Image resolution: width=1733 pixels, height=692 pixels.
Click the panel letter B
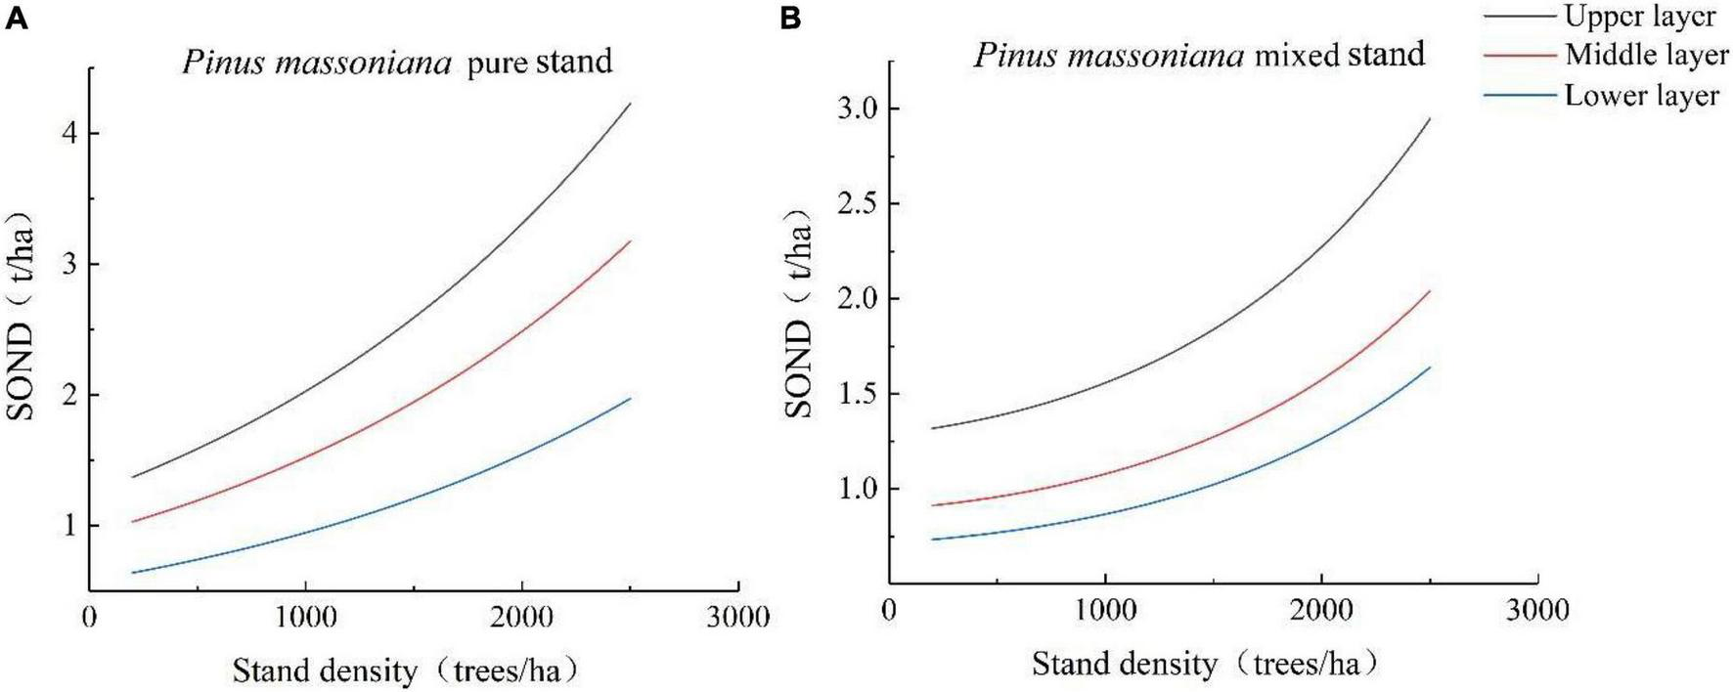tap(791, 19)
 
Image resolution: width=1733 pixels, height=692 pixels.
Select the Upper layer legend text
tap(1639, 17)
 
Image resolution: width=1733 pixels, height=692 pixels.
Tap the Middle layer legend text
tap(1646, 55)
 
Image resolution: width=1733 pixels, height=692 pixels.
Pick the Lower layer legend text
tap(1641, 96)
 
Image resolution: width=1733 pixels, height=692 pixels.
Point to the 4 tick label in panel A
tap(69, 133)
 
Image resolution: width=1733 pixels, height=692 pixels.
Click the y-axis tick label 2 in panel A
tap(69, 395)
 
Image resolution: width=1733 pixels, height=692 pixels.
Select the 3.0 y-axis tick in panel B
tap(858, 108)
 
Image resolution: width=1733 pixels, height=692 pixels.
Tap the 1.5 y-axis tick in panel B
tap(858, 395)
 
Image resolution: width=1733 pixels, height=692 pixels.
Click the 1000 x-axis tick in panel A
tap(306, 618)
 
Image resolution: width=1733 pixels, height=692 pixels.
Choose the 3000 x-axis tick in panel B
tap(1536, 611)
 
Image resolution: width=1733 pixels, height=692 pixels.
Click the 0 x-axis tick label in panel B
tap(889, 611)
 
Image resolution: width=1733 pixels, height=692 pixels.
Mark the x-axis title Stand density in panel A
tap(324, 671)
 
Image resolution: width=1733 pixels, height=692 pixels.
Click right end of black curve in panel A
tap(630, 103)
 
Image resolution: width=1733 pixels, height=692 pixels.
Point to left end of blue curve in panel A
tap(132, 573)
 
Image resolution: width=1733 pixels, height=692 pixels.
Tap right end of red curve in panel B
tap(1430, 290)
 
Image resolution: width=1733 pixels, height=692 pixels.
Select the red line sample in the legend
tap(1519, 56)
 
